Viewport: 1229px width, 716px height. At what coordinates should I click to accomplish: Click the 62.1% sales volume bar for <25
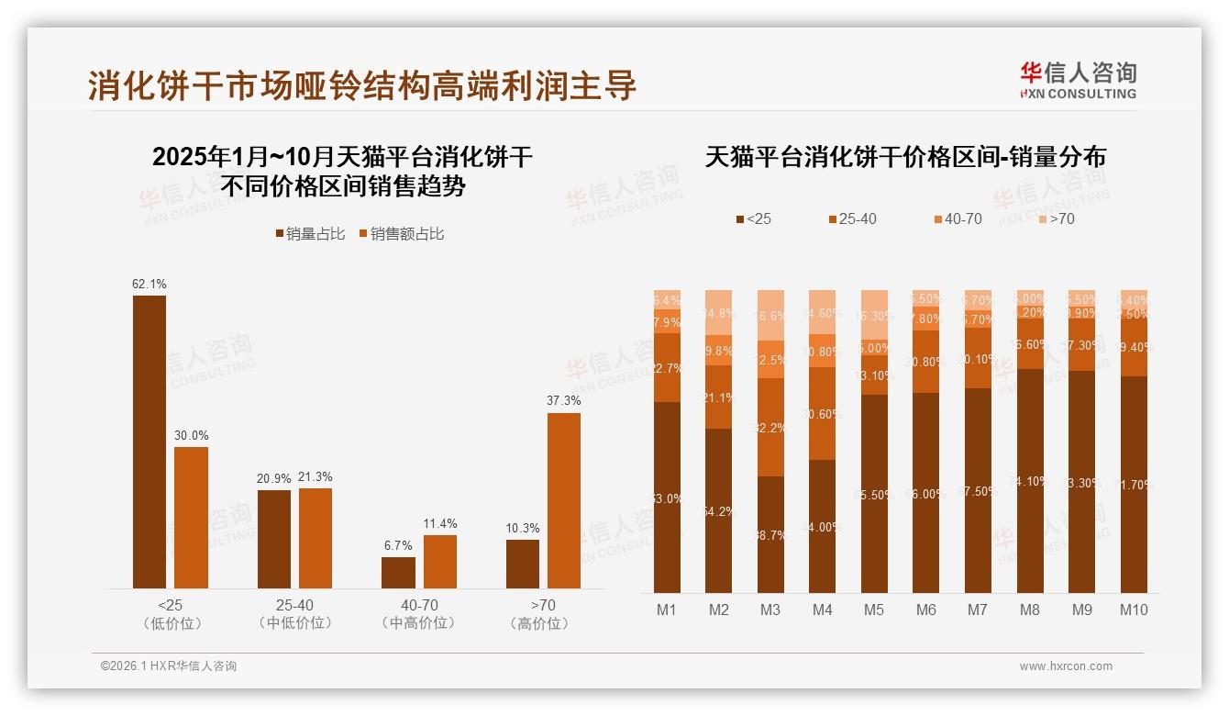pyautogui.click(x=149, y=442)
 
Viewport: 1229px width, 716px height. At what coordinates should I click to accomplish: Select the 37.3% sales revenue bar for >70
pyautogui.click(x=564, y=500)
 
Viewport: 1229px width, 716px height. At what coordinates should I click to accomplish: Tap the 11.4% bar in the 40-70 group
pyautogui.click(x=440, y=562)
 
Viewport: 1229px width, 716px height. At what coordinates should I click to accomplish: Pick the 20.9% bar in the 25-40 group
pyautogui.click(x=274, y=539)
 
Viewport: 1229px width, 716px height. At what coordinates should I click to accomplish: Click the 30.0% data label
pyautogui.click(x=192, y=435)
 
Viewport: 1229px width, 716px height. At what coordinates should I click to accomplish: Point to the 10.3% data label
pyautogui.click(x=523, y=528)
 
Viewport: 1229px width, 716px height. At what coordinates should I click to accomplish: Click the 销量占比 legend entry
pyautogui.click(x=311, y=234)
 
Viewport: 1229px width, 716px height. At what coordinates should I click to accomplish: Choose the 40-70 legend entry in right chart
pyautogui.click(x=958, y=218)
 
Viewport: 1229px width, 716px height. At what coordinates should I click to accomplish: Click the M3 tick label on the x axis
pyautogui.click(x=770, y=610)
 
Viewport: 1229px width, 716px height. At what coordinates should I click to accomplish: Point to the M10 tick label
pyautogui.click(x=1134, y=610)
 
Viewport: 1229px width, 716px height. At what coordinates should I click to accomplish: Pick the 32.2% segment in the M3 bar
pyautogui.click(x=770, y=427)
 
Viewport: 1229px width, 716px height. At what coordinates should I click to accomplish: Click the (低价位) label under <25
pyautogui.click(x=171, y=623)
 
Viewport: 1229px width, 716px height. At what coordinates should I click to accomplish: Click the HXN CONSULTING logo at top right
pyautogui.click(x=1078, y=81)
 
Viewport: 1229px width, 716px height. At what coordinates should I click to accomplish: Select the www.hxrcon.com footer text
pyautogui.click(x=1066, y=666)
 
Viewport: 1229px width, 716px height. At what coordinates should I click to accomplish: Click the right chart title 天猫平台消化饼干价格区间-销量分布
pyautogui.click(x=905, y=157)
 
